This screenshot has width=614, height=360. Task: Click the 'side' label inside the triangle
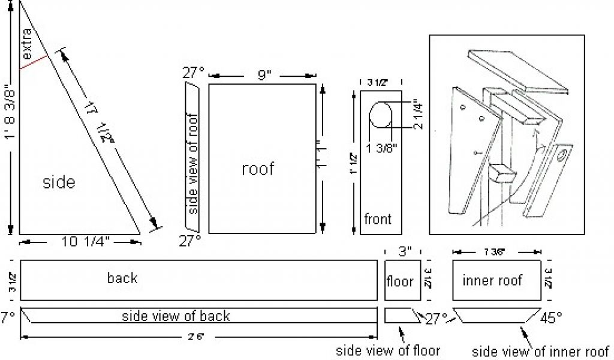point(59,182)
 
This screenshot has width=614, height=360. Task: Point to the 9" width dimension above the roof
point(265,76)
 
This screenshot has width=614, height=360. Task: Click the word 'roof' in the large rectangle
point(258,169)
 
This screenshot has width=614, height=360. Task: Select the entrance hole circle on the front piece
point(380,115)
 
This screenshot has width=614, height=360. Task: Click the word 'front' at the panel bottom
point(377,219)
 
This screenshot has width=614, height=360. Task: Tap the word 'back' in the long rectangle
point(122,278)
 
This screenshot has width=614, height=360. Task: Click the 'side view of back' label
point(176,316)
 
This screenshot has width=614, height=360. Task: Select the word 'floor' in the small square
point(400,280)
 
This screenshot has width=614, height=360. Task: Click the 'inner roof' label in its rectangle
point(492,280)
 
